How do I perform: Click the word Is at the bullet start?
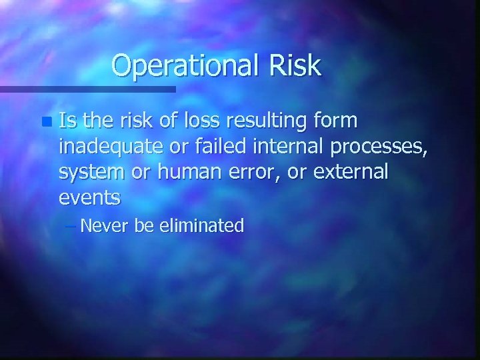tap(67, 121)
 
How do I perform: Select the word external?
tap(345, 171)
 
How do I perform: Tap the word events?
tap(89, 197)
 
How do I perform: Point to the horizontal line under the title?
tap(87, 88)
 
